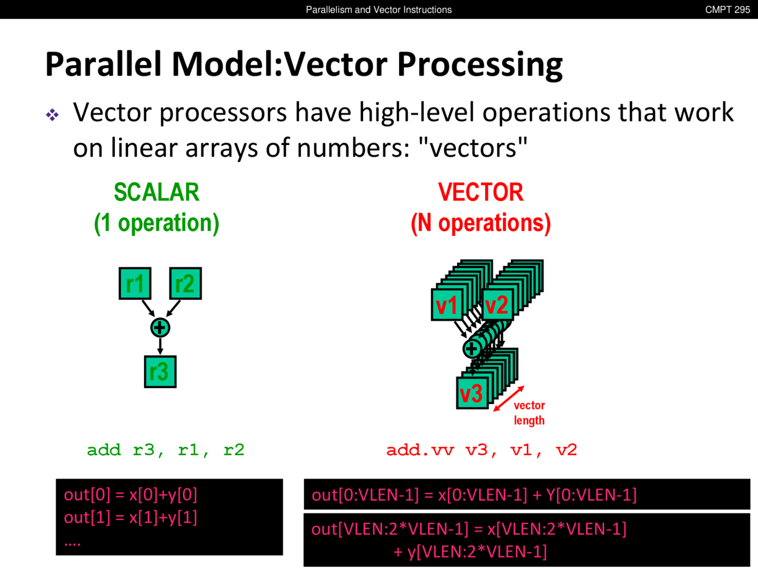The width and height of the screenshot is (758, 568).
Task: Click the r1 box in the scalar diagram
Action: [135, 283]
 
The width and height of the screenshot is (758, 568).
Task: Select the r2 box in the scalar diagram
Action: [185, 283]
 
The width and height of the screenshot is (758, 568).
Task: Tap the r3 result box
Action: [160, 372]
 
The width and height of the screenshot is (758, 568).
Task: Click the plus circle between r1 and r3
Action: [160, 328]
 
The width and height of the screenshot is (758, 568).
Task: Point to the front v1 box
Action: [447, 305]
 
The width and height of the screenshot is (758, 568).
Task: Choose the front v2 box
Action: [497, 305]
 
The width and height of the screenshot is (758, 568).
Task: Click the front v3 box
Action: [472, 393]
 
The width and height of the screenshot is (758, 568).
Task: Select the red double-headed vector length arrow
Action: [509, 399]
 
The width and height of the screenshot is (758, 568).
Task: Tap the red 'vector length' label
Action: [529, 413]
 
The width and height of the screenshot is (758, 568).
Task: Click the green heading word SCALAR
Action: [157, 192]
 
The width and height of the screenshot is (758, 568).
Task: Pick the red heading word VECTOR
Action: [481, 192]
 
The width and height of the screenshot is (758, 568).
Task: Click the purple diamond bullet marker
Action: [52, 115]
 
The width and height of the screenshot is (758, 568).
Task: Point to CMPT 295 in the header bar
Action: [728, 9]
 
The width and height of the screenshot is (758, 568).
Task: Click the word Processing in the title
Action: [480, 66]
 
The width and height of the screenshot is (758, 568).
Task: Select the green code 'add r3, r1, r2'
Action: [166, 450]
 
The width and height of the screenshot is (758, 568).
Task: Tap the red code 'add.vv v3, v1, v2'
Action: [481, 450]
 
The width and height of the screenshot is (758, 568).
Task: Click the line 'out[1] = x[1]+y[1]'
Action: [130, 518]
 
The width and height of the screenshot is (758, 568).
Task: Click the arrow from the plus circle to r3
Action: [160, 346]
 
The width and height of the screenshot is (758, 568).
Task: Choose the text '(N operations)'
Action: [481, 223]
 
